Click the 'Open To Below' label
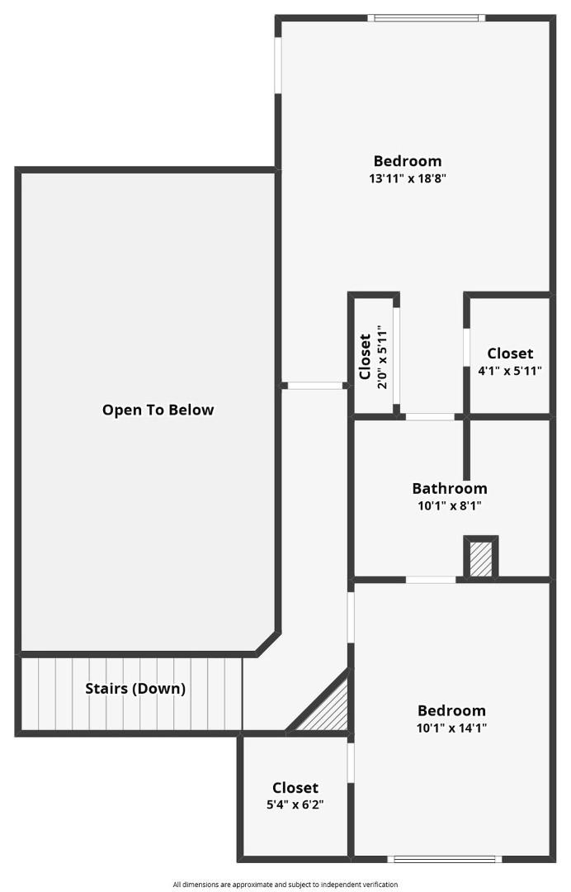pyautogui.click(x=158, y=410)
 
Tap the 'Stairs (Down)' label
pyautogui.click(x=135, y=688)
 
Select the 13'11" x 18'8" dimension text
pyautogui.click(x=408, y=178)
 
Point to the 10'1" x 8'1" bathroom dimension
pyautogui.click(x=450, y=505)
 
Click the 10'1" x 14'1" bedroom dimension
pyautogui.click(x=451, y=727)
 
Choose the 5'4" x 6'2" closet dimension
pyautogui.click(x=295, y=804)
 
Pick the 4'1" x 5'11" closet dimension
pyautogui.click(x=510, y=370)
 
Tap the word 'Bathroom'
pyautogui.click(x=450, y=488)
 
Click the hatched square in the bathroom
pyautogui.click(x=481, y=558)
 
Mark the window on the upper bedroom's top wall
pyautogui.click(x=426, y=18)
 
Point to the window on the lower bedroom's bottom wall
pyautogui.click(x=445, y=859)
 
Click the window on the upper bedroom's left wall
pyautogui.click(x=278, y=64)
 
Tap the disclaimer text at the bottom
pyautogui.click(x=285, y=885)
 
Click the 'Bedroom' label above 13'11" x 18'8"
pyautogui.click(x=408, y=161)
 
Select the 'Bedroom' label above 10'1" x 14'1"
pyautogui.click(x=451, y=710)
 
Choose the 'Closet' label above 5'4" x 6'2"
pyautogui.click(x=295, y=787)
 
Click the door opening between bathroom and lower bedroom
pyautogui.click(x=431, y=580)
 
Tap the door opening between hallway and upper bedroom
pyautogui.click(x=314, y=386)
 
